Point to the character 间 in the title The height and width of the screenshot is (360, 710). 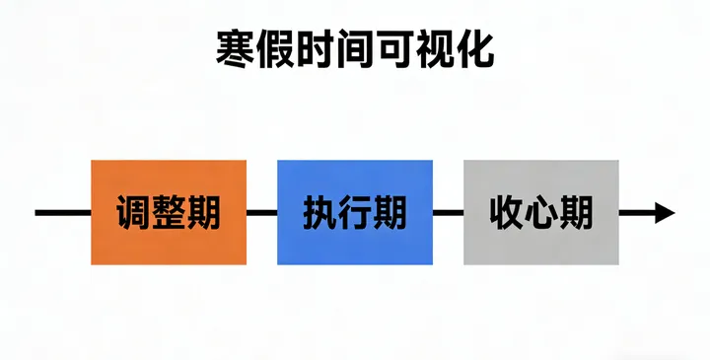coord(355,48)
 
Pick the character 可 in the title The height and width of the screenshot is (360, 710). coord(394,48)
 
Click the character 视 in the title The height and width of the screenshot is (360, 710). coord(435,48)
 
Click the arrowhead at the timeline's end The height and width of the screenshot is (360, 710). coord(663,212)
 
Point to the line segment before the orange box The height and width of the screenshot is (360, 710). coord(62,212)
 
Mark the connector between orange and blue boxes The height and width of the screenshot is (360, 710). coord(262,212)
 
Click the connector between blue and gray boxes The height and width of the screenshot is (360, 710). coord(449,212)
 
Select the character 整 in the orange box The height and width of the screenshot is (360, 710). coord(169,212)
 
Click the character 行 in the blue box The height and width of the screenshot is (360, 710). coord(355,212)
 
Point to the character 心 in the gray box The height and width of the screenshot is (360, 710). coord(541,212)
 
